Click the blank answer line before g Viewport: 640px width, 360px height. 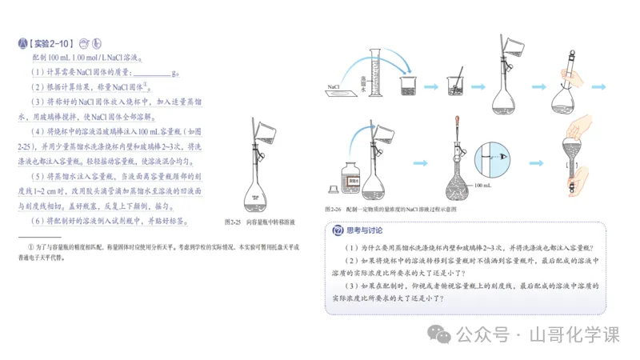[x=159, y=74]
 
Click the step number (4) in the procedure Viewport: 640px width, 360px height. [x=37, y=131]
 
